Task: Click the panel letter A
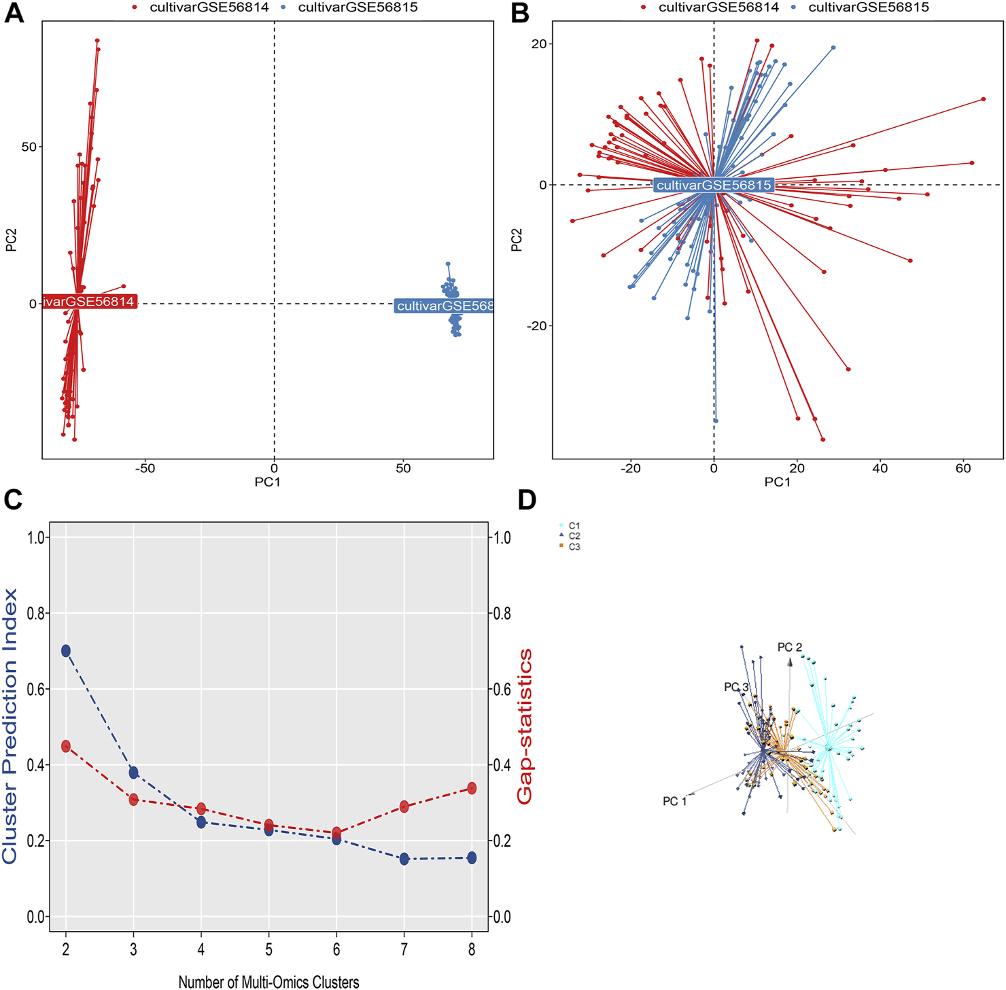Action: pos(14,14)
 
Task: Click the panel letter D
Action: pos(527,500)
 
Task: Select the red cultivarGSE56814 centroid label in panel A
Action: pos(89,302)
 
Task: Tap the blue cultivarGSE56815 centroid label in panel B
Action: pos(713,185)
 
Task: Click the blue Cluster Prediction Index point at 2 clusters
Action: pos(66,651)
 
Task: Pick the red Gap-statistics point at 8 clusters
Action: pos(472,788)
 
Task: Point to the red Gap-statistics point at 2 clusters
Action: pos(66,746)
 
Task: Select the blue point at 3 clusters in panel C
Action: pos(133,773)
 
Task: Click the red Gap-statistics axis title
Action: pos(525,726)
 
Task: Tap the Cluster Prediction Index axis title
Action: pos(10,726)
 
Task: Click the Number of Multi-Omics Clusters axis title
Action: pos(268,982)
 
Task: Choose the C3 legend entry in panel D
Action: pos(574,547)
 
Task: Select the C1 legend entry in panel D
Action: pos(574,526)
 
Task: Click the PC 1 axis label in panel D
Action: pos(674,802)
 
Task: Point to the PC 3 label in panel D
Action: pos(735,687)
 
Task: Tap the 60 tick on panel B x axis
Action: pos(963,468)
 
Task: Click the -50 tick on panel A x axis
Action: pos(145,468)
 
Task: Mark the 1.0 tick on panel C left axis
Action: pos(35,537)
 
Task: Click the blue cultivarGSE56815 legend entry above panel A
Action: pos(358,7)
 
